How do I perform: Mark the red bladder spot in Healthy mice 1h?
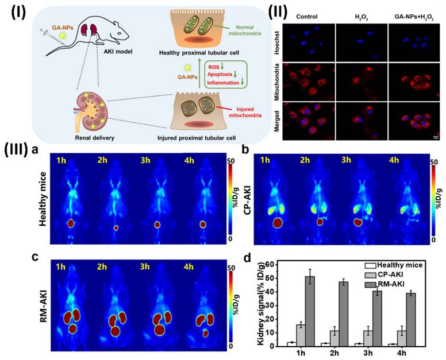click(71, 223)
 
